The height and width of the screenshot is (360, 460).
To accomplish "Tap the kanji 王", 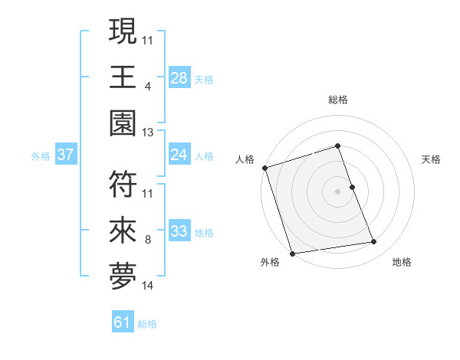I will click(123, 77).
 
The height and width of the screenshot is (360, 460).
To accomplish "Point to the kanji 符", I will click(123, 183).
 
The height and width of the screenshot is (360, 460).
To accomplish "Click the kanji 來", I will click(123, 231).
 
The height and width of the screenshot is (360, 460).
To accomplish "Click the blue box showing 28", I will click(179, 77).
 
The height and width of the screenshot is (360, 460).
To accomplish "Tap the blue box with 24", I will click(179, 155).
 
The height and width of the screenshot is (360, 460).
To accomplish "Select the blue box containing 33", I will click(179, 231).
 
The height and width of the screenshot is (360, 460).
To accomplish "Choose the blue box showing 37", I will click(66, 155).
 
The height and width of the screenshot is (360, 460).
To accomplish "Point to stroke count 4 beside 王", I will click(147, 87).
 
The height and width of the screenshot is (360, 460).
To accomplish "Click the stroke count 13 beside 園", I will click(148, 133).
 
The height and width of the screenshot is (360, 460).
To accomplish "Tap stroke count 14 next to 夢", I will click(148, 286).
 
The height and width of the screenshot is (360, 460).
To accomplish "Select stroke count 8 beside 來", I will click(147, 240).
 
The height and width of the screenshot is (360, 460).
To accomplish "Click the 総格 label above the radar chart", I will click(338, 100).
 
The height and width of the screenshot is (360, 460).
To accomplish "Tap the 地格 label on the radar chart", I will click(402, 262).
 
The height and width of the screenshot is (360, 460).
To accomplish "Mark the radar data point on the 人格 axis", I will click(264, 168).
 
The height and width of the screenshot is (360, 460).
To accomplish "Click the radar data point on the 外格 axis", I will click(293, 254).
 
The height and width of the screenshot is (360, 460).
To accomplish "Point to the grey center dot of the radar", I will click(338, 191).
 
